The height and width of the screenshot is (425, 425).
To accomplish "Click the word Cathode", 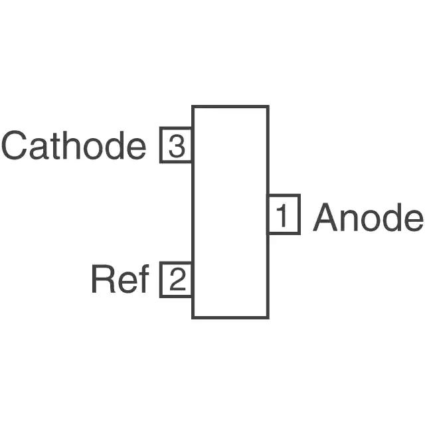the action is pos(74,145).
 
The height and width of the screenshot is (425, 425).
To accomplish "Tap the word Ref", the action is pos(120,279).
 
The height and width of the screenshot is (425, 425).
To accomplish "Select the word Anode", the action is pos(368,217).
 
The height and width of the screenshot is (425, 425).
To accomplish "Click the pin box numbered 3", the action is pos(176,145).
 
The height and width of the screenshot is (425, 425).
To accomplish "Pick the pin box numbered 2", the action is pos(176,280).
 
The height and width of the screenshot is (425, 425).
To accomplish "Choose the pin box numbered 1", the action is pos(284,214).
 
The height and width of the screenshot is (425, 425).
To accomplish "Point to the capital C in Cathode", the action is pos(15,145).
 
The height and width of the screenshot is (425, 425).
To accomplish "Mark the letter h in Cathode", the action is pos(71,145).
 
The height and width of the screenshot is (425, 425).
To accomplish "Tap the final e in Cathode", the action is pos(136,149).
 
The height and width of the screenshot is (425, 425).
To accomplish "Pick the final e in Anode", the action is pos(414,221).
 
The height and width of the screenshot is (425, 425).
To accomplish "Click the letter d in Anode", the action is pos(392,217).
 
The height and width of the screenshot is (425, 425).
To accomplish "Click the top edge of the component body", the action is pos(230,106).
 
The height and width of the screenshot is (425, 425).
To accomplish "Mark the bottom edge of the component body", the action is pos(230,317).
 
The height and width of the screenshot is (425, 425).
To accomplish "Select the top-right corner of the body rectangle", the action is pos(268,106).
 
